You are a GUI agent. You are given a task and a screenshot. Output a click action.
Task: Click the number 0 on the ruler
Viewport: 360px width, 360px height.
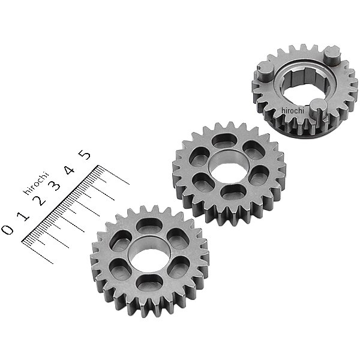tap(8, 229)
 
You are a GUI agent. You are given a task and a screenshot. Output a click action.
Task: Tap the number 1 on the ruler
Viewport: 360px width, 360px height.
tap(23, 216)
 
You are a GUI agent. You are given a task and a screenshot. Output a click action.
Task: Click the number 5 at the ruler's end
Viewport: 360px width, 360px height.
tap(86, 155)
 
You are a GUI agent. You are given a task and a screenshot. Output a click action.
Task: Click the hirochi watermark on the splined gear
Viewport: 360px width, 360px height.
tap(293, 110)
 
